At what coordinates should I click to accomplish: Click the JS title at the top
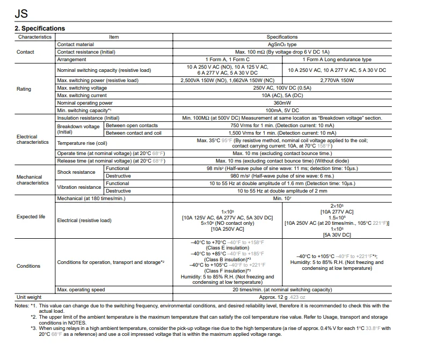(x=22, y=11)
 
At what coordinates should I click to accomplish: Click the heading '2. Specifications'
(x=40, y=28)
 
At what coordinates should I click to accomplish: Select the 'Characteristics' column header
(x=35, y=37)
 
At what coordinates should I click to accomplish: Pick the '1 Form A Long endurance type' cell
(x=337, y=60)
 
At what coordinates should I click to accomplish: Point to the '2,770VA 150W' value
(x=337, y=80)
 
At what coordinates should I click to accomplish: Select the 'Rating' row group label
(x=24, y=89)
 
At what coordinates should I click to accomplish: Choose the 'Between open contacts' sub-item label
(x=131, y=126)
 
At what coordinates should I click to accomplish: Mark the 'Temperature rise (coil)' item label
(x=82, y=143)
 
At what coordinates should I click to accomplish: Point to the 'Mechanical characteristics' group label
(x=33, y=180)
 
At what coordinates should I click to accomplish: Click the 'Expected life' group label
(x=34, y=217)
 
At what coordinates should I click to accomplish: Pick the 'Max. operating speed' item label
(x=81, y=290)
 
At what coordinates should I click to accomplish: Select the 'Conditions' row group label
(x=28, y=266)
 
